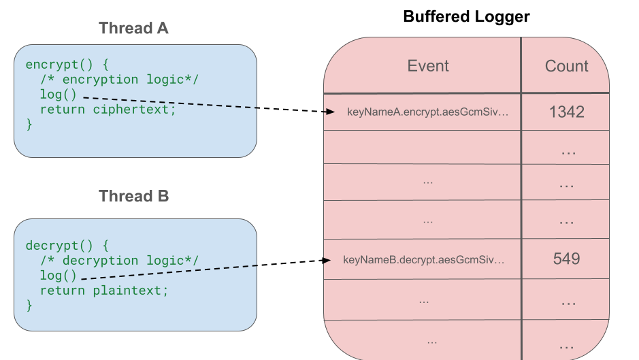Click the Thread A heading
tap(133, 29)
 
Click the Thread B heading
tap(133, 197)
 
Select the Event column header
tap(428, 66)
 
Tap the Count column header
tap(566, 66)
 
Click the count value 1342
tap(566, 112)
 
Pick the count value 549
tap(566, 259)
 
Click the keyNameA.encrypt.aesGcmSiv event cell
tap(427, 112)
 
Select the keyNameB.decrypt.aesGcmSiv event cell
tap(425, 259)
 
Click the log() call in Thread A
tap(59, 95)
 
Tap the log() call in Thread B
tap(59, 276)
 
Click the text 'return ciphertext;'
tap(108, 110)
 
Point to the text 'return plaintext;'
tap(103, 291)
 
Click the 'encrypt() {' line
tap(67, 65)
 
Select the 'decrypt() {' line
tap(67, 246)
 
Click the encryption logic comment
tap(119, 80)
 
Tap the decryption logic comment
tap(119, 261)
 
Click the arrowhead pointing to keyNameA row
tap(331, 112)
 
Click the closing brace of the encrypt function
tap(29, 125)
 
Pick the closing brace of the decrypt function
tap(29, 306)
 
